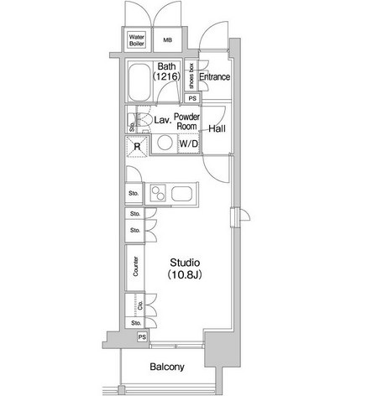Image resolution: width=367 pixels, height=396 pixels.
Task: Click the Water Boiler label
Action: [x=137, y=40]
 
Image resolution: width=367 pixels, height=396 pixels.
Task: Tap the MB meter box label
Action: [x=168, y=40]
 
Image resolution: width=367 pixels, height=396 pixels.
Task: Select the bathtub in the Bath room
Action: [x=139, y=82]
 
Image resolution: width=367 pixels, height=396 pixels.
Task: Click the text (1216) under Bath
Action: [x=167, y=76]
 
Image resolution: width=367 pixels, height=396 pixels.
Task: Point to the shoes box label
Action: [x=191, y=76]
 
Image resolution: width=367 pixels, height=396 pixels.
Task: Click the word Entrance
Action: [x=215, y=76]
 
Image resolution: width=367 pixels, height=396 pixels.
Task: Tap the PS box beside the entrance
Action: [x=192, y=98]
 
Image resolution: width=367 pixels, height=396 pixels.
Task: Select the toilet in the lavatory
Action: [x=142, y=120]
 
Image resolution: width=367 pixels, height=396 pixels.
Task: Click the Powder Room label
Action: [x=187, y=122]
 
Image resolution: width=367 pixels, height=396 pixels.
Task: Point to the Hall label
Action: [x=218, y=129]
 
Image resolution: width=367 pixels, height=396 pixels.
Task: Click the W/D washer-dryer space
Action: [x=189, y=143]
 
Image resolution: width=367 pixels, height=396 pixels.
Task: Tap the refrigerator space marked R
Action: [x=137, y=147]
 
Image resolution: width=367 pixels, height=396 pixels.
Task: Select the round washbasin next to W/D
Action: [x=165, y=143]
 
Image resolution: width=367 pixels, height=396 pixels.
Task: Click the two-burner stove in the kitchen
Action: [x=158, y=193]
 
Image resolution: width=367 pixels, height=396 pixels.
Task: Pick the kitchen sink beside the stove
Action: [x=181, y=194]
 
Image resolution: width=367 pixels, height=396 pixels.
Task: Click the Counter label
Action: [x=135, y=267]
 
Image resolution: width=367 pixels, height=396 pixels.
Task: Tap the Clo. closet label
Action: [x=140, y=305]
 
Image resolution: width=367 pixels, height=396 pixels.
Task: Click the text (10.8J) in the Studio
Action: [x=185, y=275]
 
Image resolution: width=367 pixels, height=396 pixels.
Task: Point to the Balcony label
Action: [x=167, y=367]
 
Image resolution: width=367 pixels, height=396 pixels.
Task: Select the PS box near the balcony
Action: [x=142, y=337]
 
